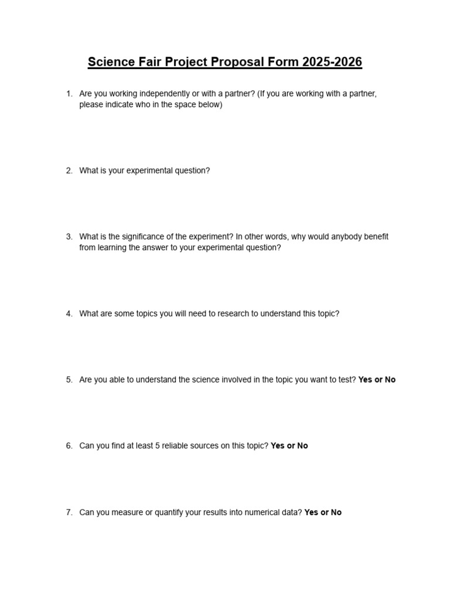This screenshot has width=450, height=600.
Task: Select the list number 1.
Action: click(69, 94)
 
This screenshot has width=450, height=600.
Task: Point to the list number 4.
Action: click(69, 313)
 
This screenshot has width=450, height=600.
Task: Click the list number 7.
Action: click(69, 512)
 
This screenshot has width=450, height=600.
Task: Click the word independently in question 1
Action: click(153, 94)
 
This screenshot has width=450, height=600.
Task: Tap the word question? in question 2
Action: click(191, 171)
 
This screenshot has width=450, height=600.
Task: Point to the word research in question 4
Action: click(233, 313)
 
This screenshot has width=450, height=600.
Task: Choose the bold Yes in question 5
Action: click(365, 380)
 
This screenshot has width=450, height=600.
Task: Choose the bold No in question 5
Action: click(390, 380)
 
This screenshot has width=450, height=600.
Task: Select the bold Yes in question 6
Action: click(277, 446)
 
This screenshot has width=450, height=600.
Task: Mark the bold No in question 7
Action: click(336, 512)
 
